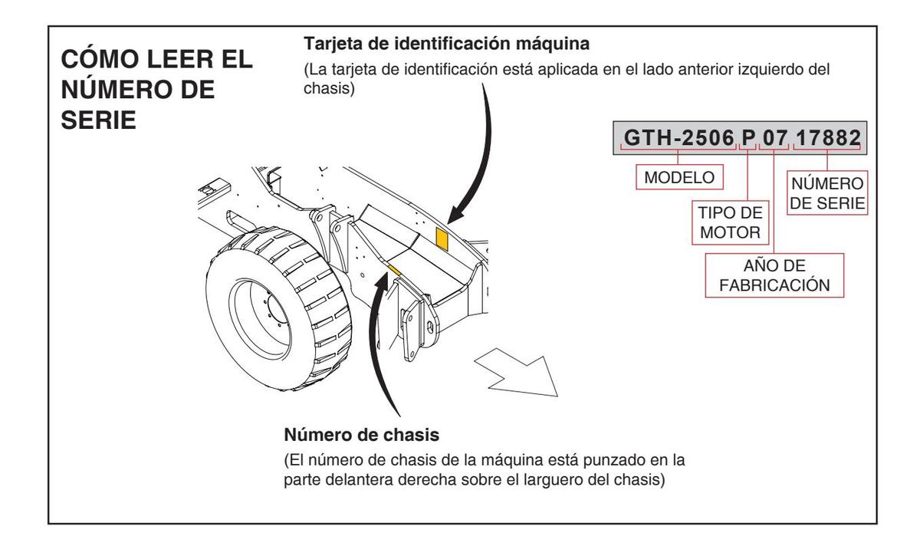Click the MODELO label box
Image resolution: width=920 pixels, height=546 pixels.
coord(676,177)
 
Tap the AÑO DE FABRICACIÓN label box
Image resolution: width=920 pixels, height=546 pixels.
coord(775,275)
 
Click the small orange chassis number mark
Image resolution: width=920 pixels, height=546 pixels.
coord(396,268)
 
